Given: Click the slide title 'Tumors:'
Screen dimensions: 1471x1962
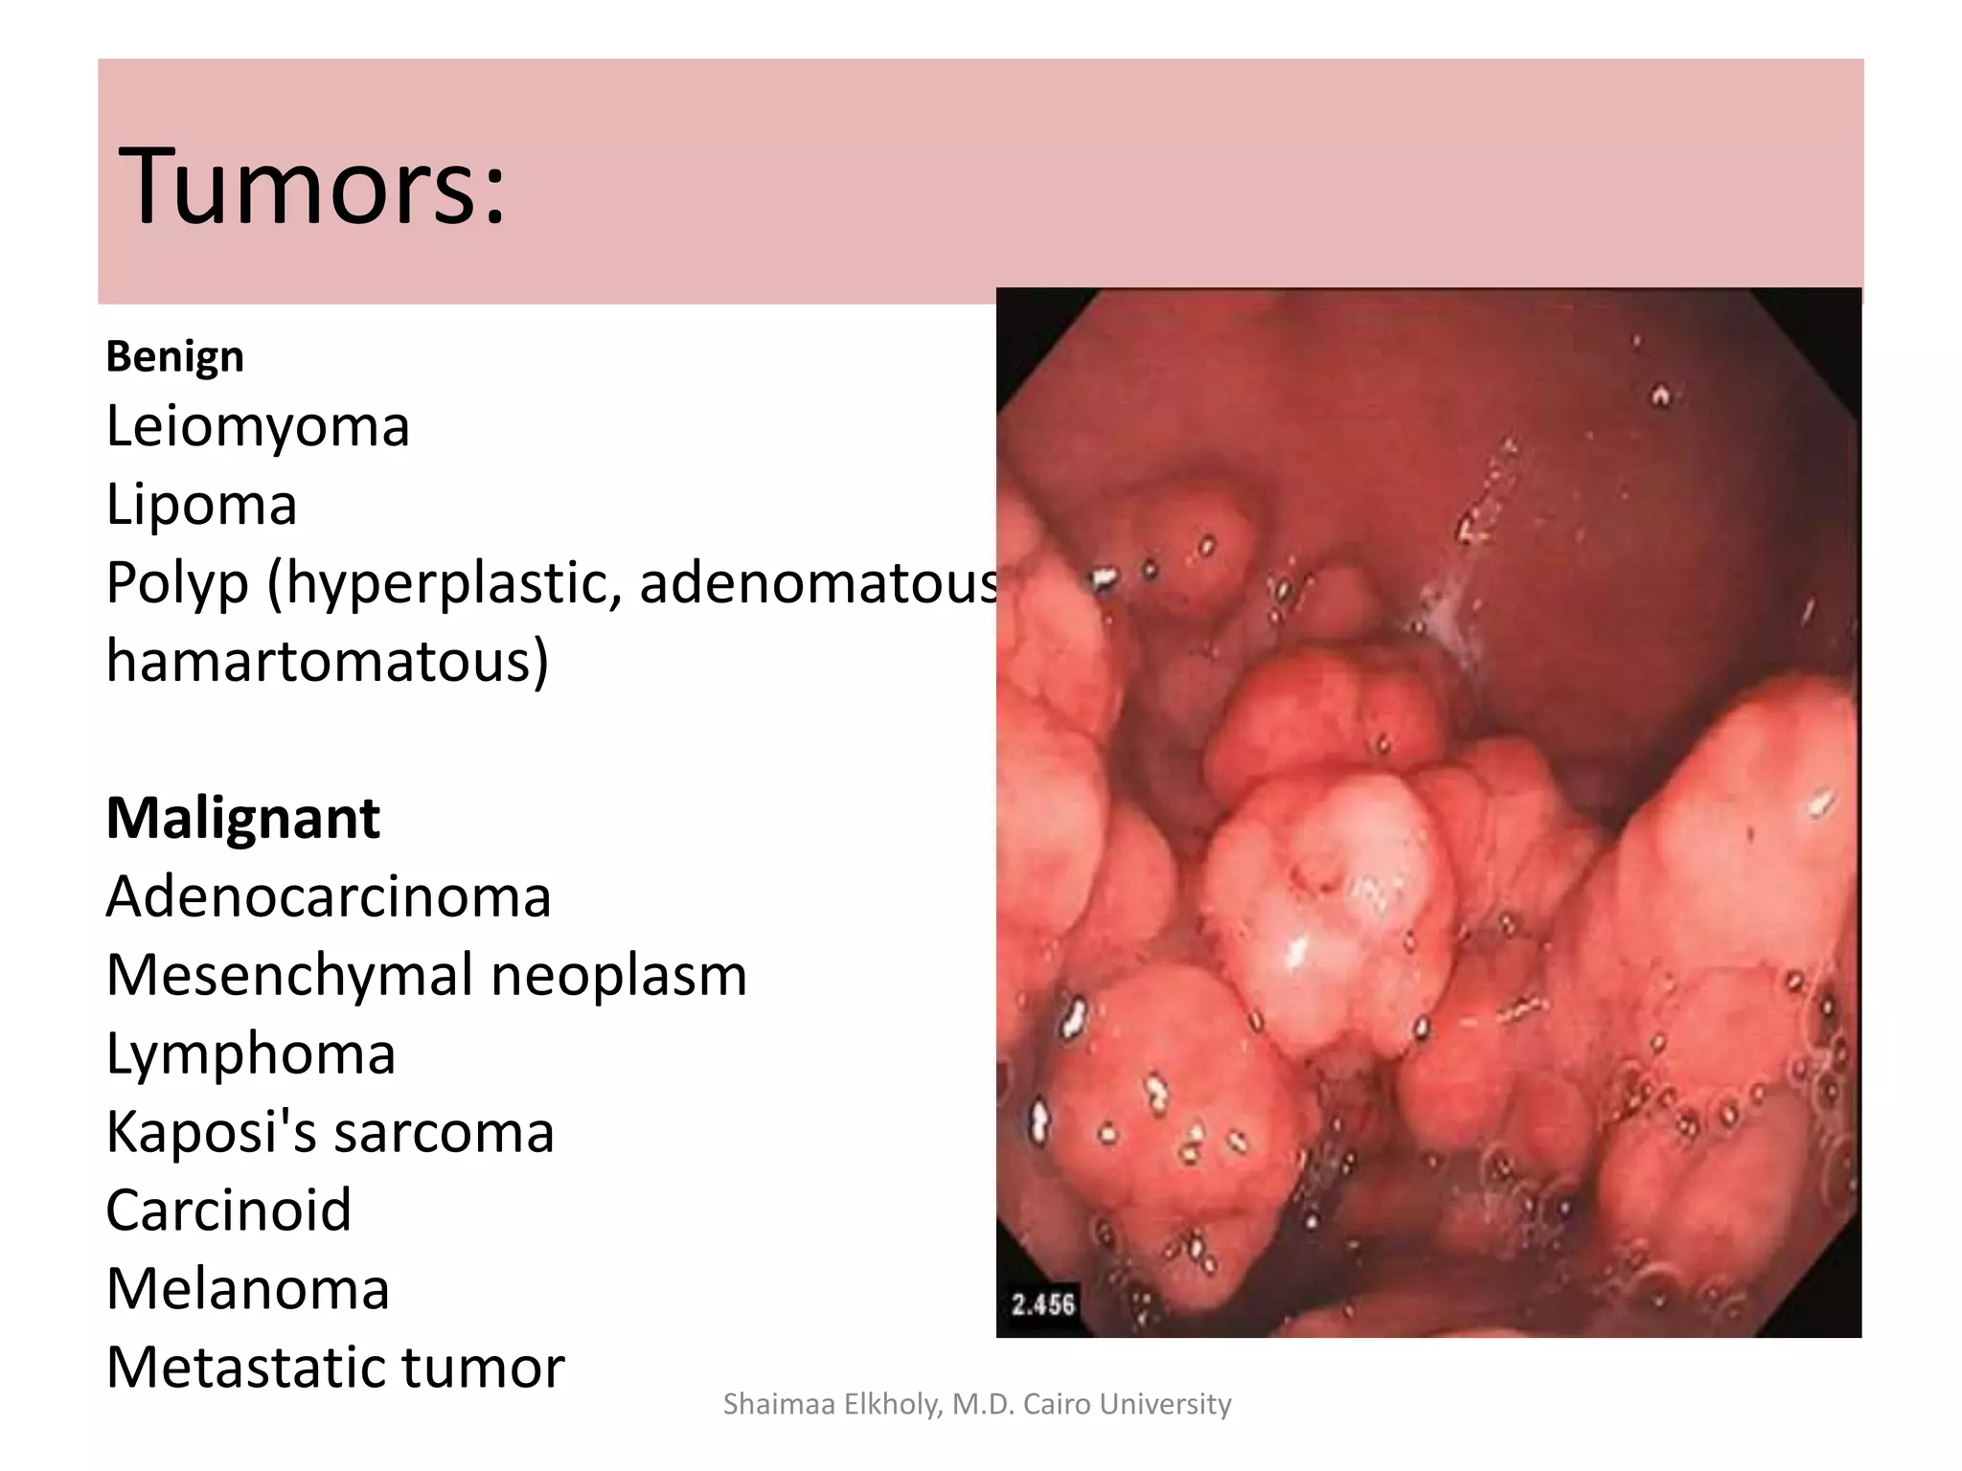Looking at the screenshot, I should click(311, 186).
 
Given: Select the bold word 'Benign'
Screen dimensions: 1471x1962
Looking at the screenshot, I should click(174, 357).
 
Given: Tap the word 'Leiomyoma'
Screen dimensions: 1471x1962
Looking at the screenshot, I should click(258, 426).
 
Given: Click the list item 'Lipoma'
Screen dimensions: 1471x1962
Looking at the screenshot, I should click(201, 505).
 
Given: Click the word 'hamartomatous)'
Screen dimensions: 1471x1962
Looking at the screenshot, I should click(327, 661).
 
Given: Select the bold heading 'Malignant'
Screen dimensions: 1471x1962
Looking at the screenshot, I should click(243, 819).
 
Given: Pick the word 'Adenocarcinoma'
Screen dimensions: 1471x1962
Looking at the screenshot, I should click(329, 897).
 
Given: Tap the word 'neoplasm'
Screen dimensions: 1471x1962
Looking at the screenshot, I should click(619, 976).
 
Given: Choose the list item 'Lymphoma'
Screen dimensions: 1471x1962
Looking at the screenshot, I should click(251, 1054).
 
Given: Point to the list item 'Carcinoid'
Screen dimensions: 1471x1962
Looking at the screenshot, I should click(229, 1211).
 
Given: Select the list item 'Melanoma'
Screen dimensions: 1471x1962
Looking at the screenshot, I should click(248, 1289).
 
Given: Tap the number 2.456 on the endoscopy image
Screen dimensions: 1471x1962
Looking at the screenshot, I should click(1043, 1304).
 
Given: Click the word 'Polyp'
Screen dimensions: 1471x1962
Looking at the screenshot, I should click(177, 583).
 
